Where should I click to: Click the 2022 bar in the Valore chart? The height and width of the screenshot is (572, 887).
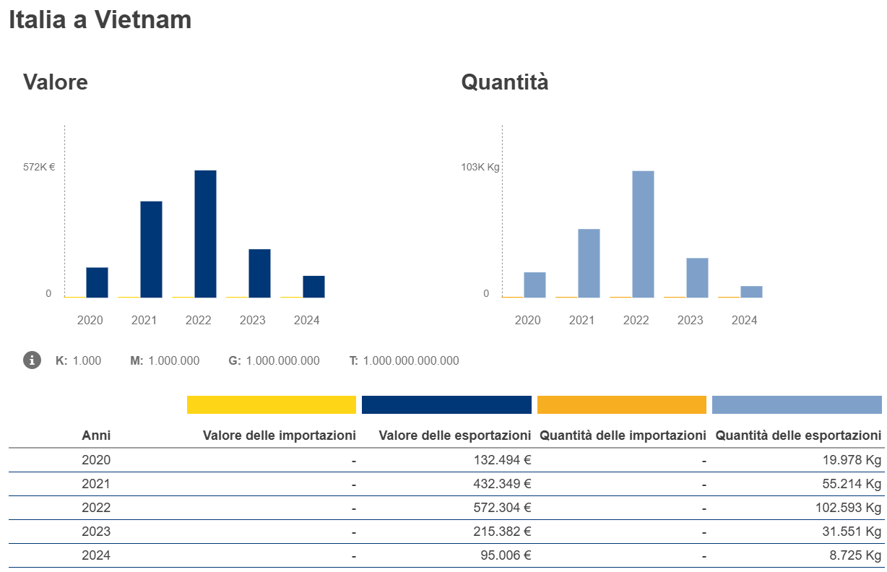coord(205,234)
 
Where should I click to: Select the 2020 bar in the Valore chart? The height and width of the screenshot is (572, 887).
coord(97,282)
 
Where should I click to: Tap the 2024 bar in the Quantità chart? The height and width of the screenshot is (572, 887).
coord(751,292)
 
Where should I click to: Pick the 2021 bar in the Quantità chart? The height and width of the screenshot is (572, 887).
coord(589,263)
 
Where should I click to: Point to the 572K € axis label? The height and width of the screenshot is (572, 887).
coord(39,167)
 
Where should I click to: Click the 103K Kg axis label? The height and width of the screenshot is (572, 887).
coord(480,167)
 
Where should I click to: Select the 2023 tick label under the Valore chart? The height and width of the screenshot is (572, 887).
coord(253,320)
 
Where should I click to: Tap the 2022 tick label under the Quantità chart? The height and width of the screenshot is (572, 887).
coord(636,320)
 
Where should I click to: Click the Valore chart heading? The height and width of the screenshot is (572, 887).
coord(56,82)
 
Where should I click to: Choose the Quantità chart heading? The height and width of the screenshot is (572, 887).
coord(505,82)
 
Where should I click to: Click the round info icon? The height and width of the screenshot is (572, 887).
coord(32,360)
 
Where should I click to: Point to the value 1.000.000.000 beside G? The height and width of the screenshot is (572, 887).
coord(282,360)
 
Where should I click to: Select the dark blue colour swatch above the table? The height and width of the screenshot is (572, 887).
coord(446,404)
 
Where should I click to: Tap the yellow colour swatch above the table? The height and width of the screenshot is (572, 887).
coord(272,404)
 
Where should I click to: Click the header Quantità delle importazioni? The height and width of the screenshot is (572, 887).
coord(623,435)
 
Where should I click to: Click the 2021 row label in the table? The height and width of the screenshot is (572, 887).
coord(96,484)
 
